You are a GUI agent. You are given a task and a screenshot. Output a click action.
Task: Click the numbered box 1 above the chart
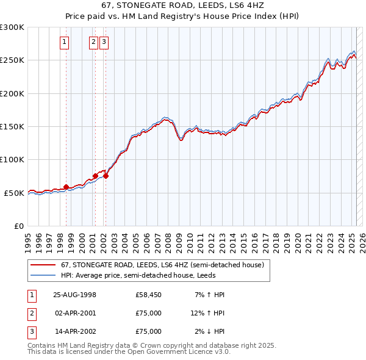point(64,42)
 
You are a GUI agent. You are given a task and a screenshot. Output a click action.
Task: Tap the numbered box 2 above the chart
point(93,42)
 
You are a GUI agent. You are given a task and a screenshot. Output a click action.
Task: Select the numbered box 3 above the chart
point(104,42)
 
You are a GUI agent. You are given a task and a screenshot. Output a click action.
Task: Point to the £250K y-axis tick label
point(12,60)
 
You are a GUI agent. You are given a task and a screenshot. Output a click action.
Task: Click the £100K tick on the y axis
point(12,159)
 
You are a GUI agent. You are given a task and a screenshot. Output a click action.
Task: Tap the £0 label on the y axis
point(18,226)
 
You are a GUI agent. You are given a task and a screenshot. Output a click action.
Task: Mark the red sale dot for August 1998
point(66,187)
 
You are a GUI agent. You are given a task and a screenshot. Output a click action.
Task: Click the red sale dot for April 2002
point(106,176)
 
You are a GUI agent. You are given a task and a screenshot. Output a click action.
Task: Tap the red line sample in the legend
point(43,265)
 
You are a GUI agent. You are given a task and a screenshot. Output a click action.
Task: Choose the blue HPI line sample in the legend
point(43,275)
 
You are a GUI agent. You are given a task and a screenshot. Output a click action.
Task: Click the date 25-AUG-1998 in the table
point(75,295)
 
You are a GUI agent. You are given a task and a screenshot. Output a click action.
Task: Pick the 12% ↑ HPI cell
point(207,313)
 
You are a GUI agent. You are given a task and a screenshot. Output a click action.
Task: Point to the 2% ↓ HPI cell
point(209,331)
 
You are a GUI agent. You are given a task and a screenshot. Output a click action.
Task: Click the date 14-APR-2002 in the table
point(75,331)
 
